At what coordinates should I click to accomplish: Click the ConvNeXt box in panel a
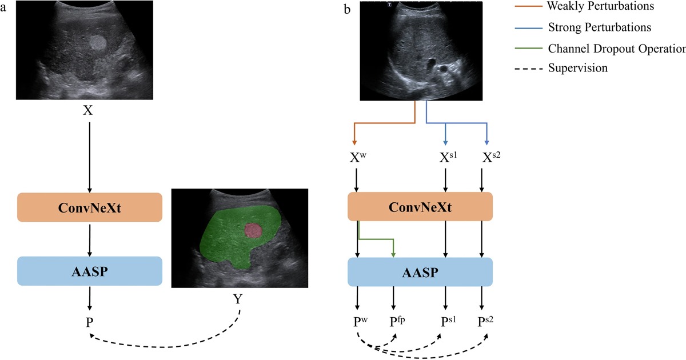coord(90,207)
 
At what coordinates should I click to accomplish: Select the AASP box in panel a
coord(90,271)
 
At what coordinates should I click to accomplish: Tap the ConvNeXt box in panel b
coord(420,207)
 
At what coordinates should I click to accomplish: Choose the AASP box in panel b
coord(420,271)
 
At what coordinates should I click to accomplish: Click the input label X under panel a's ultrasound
coord(87,110)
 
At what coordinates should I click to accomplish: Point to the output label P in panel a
coord(89,322)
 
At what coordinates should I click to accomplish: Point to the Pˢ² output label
coord(487,322)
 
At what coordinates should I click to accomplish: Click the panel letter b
coord(347,10)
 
